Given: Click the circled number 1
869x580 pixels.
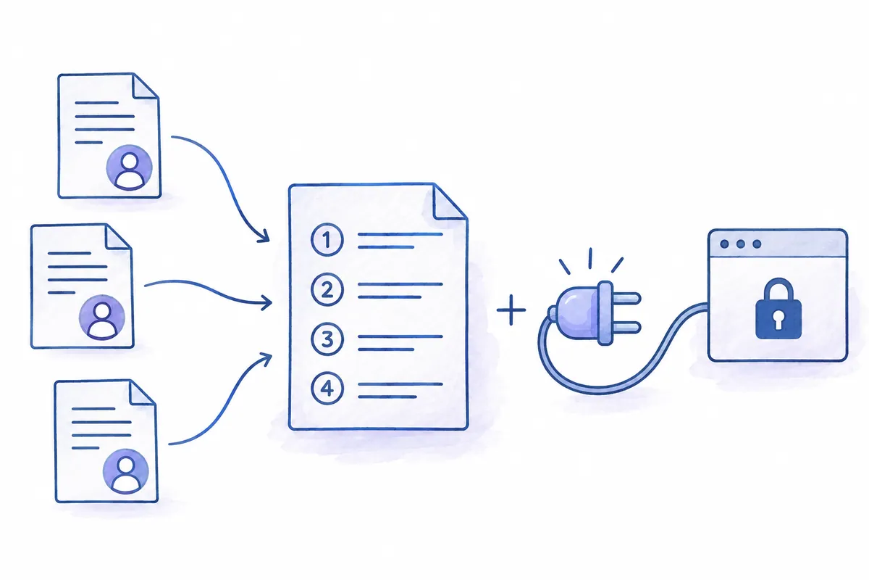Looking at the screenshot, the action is coord(327,240).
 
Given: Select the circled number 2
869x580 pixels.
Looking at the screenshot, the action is coord(327,289).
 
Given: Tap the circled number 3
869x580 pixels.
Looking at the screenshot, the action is coord(327,339).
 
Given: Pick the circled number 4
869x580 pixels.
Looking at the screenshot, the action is coord(327,389).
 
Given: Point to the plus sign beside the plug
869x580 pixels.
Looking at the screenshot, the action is coord(511,310).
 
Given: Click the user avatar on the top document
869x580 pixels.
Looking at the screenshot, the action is coord(129,167).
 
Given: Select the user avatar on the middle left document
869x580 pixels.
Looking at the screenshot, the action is coord(102,318).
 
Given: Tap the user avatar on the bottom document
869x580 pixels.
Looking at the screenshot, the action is coord(126,472).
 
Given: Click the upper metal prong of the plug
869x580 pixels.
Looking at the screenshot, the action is coord(626,299).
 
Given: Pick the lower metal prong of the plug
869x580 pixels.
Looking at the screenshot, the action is coord(626,327).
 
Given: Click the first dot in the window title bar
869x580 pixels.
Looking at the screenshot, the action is coord(724,244).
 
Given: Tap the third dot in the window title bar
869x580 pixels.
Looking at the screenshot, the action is coord(757,244).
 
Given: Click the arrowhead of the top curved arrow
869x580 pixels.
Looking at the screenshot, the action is coord(264,236).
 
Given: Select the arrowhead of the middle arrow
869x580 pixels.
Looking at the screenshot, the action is coord(267,302).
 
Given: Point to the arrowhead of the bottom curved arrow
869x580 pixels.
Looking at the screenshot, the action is coord(266,358).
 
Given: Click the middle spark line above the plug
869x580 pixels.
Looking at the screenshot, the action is coord(590,258).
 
